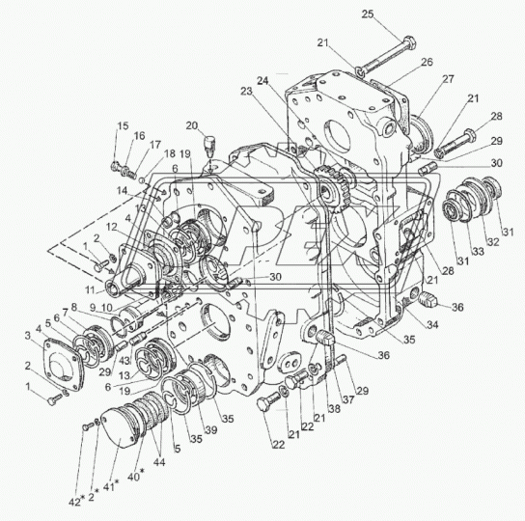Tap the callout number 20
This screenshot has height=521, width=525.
coord(193,124)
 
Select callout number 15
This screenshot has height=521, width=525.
coord(123,126)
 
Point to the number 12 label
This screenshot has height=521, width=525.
coord(114,228)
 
